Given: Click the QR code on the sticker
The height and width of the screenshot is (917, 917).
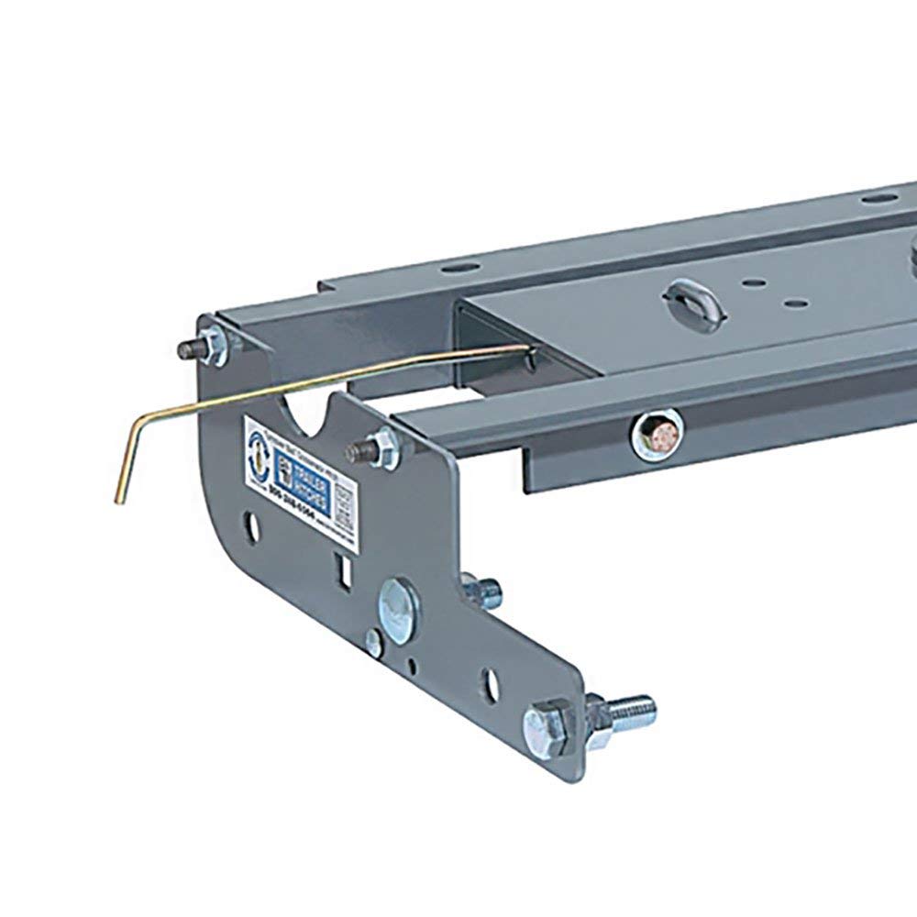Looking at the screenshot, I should [346, 503].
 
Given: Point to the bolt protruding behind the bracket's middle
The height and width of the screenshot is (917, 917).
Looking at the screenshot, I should [483, 587].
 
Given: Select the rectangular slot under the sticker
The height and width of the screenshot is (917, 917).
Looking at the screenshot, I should [347, 571].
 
